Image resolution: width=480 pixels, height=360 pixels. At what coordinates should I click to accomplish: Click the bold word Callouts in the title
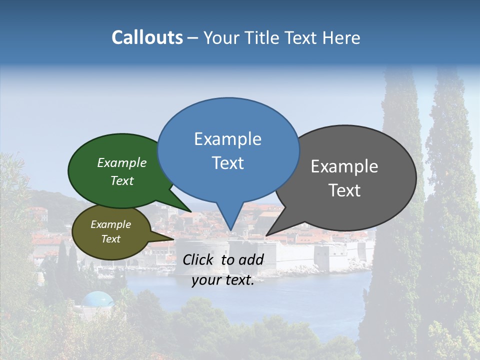point(147,37)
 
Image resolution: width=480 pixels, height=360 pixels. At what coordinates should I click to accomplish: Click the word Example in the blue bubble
point(227,139)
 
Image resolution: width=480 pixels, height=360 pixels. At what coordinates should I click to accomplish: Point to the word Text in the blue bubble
point(227,163)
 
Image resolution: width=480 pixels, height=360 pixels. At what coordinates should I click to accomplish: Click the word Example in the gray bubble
point(344,166)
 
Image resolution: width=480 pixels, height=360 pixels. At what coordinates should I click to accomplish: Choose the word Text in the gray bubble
point(344,190)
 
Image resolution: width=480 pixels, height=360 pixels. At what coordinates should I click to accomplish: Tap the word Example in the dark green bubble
point(122,163)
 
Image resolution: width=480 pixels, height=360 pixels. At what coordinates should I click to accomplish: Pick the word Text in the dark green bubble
point(122,180)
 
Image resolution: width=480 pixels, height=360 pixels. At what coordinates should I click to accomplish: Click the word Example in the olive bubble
point(110,224)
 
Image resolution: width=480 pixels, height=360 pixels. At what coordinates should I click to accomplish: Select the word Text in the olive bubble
point(110,239)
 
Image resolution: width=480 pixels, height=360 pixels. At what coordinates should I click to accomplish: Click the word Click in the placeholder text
point(198,259)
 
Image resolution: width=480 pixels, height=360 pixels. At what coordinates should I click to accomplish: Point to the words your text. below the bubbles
point(223,280)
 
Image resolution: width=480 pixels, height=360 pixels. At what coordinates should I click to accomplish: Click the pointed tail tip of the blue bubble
point(230,230)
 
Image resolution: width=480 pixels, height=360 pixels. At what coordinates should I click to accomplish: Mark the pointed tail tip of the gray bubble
point(266,235)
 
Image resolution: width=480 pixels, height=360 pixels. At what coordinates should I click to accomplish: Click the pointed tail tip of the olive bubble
point(173,239)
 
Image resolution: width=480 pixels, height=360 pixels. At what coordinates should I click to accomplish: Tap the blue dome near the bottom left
point(97,299)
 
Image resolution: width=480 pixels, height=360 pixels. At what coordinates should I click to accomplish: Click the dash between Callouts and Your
point(193,38)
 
